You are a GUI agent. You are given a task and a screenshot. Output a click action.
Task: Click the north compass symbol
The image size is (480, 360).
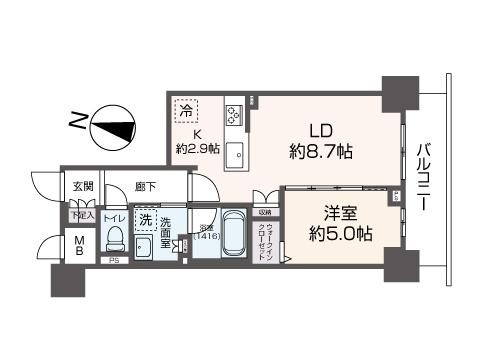(112, 127)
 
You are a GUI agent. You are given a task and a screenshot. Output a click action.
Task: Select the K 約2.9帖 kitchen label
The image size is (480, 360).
(197, 143)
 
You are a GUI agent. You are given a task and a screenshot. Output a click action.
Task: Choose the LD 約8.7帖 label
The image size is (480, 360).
(320, 141)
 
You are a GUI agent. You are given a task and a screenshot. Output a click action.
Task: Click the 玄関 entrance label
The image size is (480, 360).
(82, 187)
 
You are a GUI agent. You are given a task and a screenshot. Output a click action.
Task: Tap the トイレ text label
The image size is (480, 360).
(113, 217)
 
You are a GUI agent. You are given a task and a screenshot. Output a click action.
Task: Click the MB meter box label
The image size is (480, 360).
(79, 246)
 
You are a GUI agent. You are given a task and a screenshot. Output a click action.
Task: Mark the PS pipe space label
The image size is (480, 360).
(113, 263)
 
